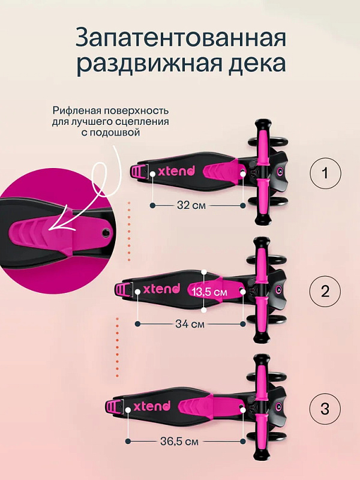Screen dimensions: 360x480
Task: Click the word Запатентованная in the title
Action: click(181, 38)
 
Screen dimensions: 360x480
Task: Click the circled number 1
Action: click(325, 173)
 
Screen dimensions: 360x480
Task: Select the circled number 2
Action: click(325, 291)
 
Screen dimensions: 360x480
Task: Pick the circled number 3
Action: click(325, 409)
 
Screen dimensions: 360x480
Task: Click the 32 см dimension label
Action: click(191, 205)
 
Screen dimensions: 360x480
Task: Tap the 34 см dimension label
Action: click(190, 323)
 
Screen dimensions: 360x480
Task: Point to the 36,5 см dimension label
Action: click(179, 441)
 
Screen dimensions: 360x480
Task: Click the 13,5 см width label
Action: click(209, 292)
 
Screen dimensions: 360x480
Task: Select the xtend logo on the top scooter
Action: click(176, 171)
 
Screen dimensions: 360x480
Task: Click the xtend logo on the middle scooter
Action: click(161, 289)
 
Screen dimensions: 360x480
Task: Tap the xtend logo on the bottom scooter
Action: click(152, 406)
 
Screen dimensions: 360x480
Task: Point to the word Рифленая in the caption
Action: click(77, 110)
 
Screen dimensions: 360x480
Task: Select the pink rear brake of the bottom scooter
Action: click(113, 407)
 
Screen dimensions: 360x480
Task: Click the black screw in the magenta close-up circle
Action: click(107, 232)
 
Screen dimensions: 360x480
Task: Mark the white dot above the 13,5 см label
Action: click(204, 272)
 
